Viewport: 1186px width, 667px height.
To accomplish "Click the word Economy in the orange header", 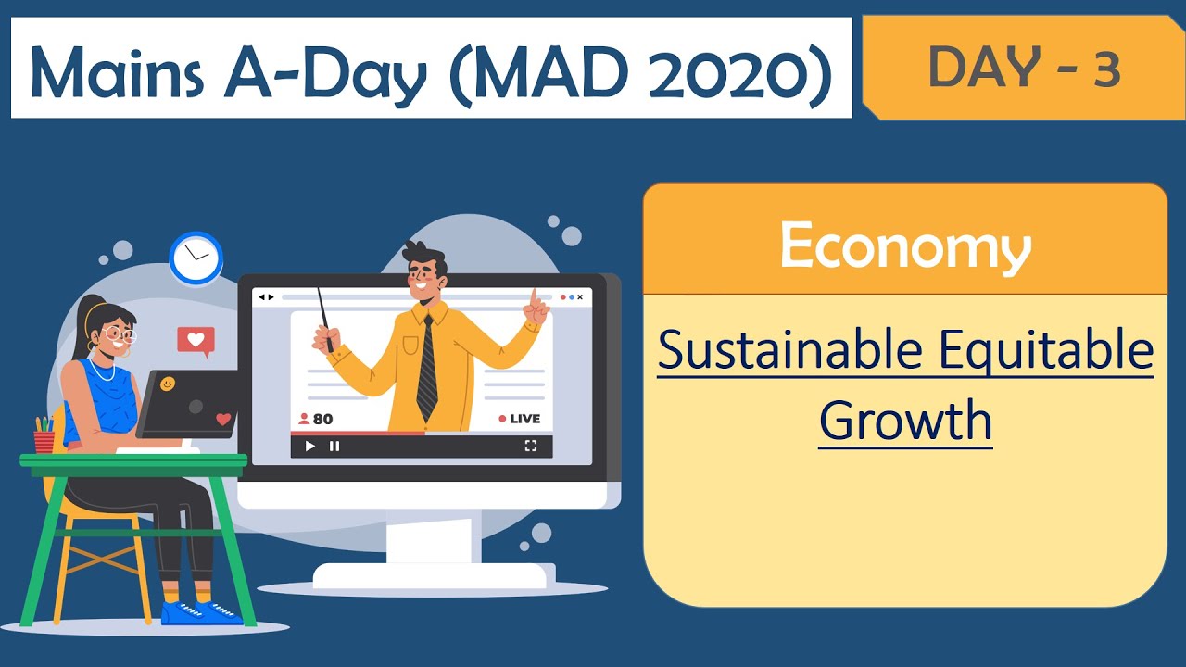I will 904,246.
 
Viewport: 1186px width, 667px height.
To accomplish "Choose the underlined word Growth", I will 905,421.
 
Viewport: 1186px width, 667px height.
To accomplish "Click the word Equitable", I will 1046,351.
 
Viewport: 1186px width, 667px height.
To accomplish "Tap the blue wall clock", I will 196,258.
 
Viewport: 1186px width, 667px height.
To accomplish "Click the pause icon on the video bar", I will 334,447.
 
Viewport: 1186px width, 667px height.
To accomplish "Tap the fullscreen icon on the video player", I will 531,447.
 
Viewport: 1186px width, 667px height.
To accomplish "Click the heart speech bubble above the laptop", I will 196,341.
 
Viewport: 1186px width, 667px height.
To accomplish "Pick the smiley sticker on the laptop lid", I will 167,384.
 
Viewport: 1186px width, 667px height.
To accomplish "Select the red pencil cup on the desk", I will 44,439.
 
